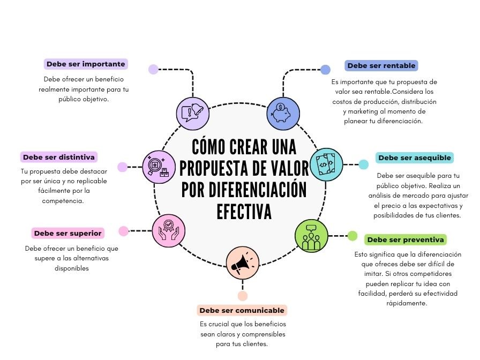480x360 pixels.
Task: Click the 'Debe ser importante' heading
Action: (86, 64)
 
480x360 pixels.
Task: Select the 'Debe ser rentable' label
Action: (381, 66)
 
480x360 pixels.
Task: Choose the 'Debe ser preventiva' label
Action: (406, 239)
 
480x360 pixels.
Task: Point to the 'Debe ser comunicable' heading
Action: (242, 310)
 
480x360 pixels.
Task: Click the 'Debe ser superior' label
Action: (67, 233)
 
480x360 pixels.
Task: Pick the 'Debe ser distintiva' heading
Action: (58, 157)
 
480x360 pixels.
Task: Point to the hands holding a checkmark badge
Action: (168, 231)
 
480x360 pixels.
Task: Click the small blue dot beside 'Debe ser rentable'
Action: (325, 69)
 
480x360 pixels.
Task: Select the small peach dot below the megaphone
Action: (243, 296)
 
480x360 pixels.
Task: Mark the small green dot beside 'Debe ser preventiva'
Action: (352, 236)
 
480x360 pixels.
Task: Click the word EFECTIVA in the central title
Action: (244, 211)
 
